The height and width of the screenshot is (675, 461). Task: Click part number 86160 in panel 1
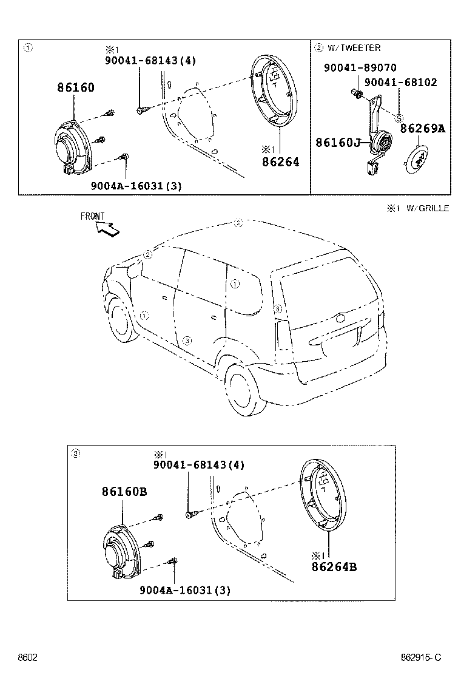tap(76, 87)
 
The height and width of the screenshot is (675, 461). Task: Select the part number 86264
tap(280, 162)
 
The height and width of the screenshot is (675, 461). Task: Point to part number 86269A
tap(423, 129)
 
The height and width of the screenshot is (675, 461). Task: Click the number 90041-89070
tap(360, 69)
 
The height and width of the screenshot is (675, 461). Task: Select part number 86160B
tap(124, 492)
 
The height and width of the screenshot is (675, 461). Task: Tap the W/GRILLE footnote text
tap(426, 208)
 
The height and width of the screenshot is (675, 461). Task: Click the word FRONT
tap(92, 216)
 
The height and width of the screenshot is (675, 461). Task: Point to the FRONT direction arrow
tap(107, 229)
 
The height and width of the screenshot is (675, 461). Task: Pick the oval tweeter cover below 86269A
tap(417, 159)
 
